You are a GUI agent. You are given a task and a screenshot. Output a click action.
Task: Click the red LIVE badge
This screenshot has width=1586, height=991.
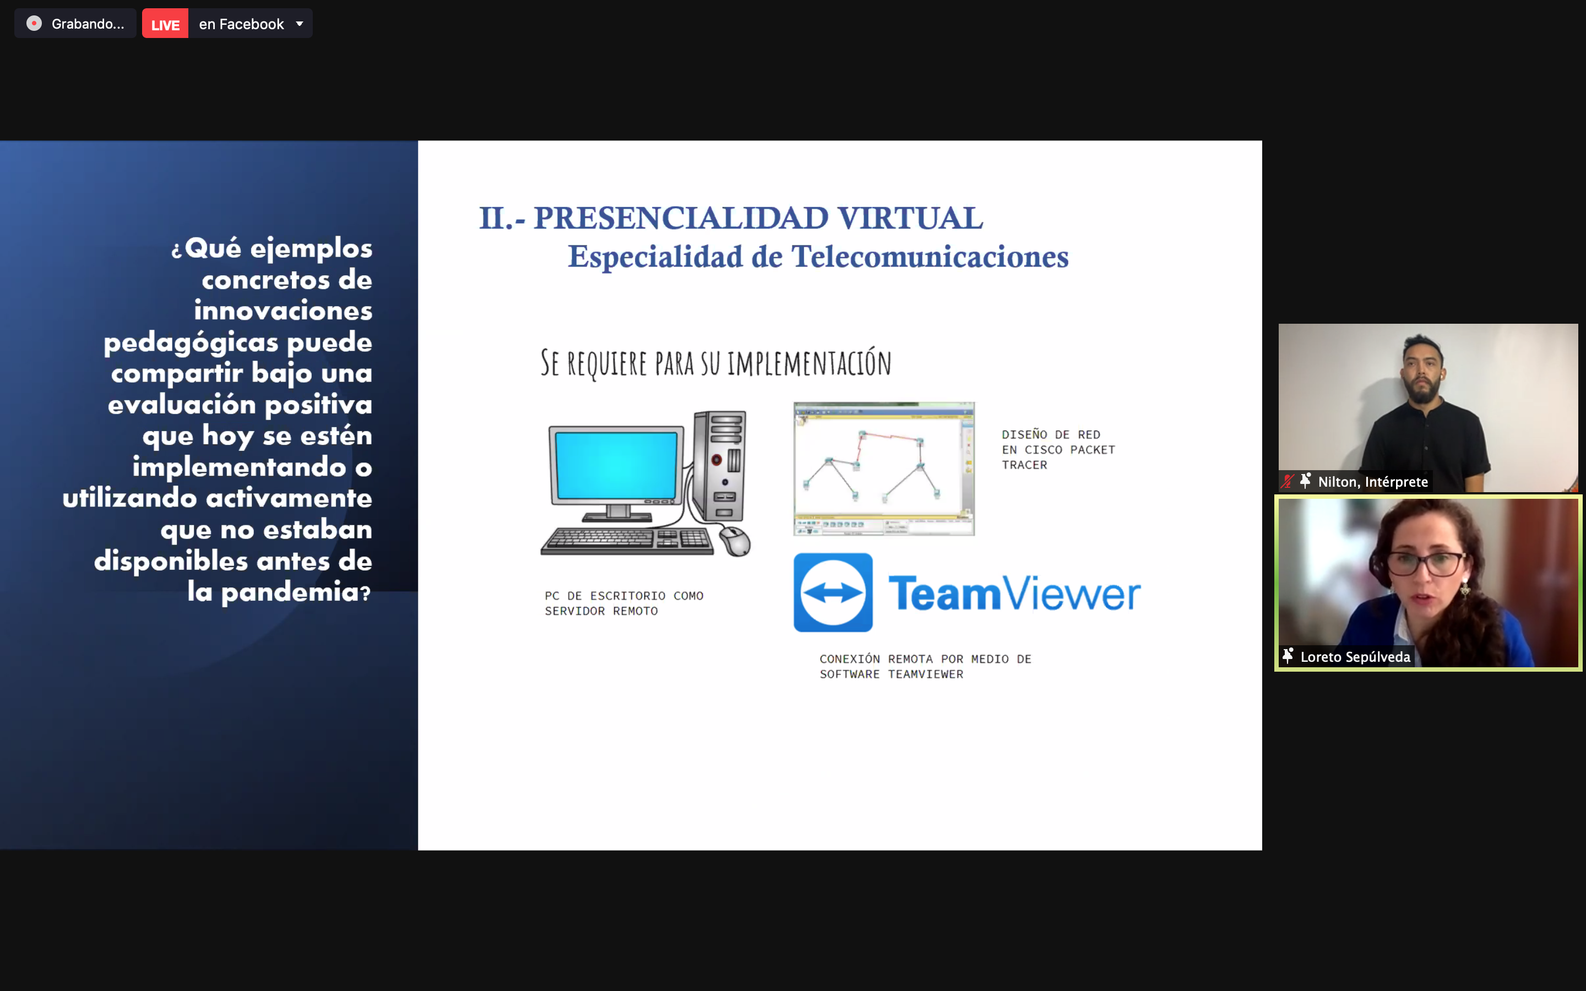click(165, 24)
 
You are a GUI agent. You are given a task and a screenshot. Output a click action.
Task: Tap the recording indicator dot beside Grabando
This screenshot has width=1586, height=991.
click(34, 24)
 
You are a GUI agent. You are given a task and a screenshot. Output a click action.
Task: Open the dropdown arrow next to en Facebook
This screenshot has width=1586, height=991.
click(300, 24)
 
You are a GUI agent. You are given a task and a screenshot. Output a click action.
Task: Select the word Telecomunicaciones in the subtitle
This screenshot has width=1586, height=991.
click(930, 256)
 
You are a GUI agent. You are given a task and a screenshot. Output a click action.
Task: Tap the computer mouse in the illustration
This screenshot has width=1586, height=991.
click(735, 541)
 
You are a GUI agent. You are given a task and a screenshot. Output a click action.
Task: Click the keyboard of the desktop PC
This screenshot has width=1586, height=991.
click(627, 541)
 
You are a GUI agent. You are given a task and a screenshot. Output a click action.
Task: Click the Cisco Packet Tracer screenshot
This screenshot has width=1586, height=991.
click(884, 469)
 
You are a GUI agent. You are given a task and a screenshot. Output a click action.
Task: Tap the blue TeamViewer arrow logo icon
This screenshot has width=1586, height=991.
click(833, 592)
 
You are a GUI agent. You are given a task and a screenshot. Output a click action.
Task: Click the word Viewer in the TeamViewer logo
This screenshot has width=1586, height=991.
click(1072, 594)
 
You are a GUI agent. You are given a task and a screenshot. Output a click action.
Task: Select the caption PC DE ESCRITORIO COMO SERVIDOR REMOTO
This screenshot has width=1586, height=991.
click(624, 603)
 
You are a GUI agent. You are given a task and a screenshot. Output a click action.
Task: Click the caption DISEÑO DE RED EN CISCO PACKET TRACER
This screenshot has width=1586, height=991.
click(1058, 450)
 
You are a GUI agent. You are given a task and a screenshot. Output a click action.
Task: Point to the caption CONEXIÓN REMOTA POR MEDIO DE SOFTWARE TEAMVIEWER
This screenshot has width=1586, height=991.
click(925, 667)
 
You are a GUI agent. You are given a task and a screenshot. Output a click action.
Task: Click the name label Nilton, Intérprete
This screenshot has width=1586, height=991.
click(1373, 482)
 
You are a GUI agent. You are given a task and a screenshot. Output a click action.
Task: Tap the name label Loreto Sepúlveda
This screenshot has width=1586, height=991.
click(1355, 657)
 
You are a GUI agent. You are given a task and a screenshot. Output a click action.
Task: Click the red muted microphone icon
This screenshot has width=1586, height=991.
click(1288, 481)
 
